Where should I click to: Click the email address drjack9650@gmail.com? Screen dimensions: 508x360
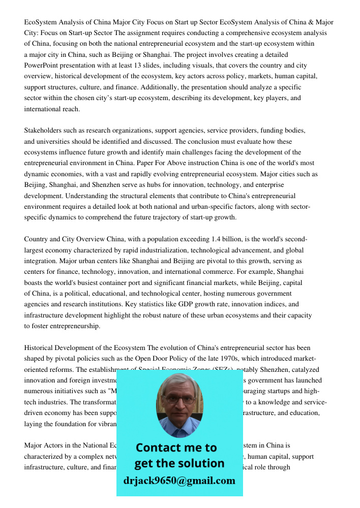click(x=179, y=481)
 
